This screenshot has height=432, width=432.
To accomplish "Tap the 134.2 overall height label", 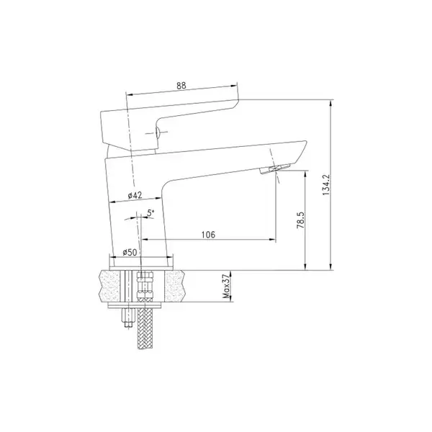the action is click(x=326, y=184).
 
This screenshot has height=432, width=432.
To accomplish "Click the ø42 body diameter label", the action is click(x=135, y=195).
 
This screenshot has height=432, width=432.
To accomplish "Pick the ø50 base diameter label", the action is click(x=130, y=252).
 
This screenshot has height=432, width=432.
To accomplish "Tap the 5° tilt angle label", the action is click(x=150, y=212).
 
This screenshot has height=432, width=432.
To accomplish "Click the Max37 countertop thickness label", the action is click(x=226, y=287).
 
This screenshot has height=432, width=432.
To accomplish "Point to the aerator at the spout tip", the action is click(x=275, y=169).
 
